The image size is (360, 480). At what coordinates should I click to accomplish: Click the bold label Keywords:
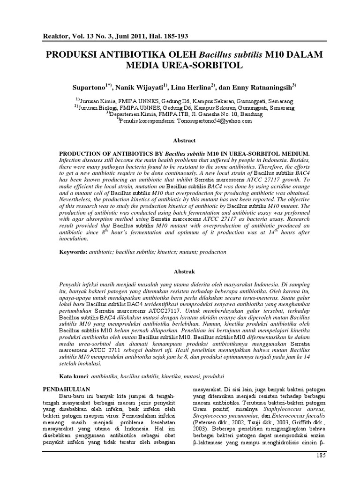73,252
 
